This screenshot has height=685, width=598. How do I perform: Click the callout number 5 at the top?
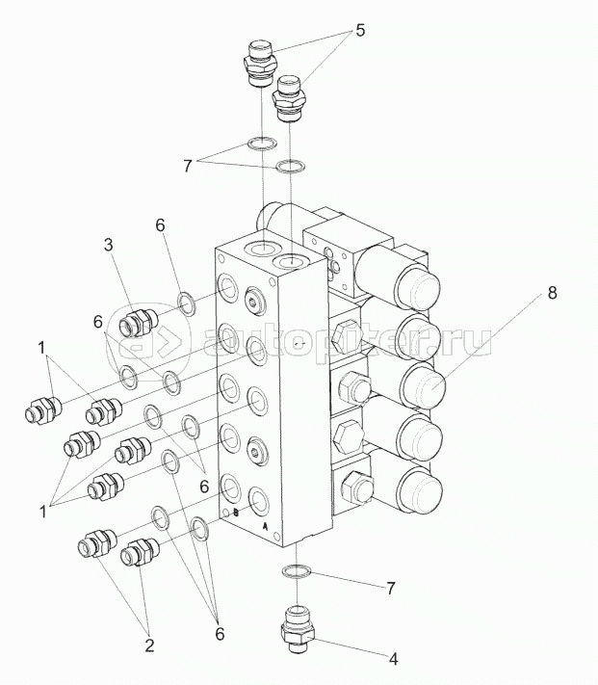point(359,30)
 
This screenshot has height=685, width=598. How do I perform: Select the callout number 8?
point(552,294)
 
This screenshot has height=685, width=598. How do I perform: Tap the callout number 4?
point(393,660)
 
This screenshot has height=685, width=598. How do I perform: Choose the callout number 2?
point(149,647)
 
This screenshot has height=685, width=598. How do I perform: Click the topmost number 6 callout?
point(161,224)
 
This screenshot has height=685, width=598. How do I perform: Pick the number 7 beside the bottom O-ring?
point(390,587)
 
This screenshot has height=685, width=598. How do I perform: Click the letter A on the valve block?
point(267,528)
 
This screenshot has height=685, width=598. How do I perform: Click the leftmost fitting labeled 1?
point(38,412)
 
